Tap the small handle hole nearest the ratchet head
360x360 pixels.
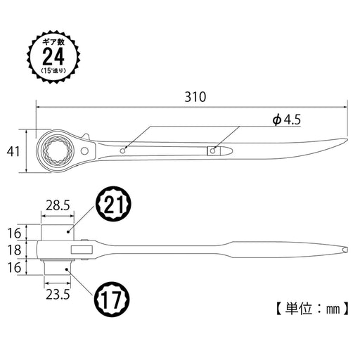[124, 149]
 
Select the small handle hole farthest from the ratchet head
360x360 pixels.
[215, 150]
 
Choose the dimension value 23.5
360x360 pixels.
[56, 296]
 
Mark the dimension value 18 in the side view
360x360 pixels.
[12, 249]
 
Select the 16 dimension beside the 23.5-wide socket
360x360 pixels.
[12, 267]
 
